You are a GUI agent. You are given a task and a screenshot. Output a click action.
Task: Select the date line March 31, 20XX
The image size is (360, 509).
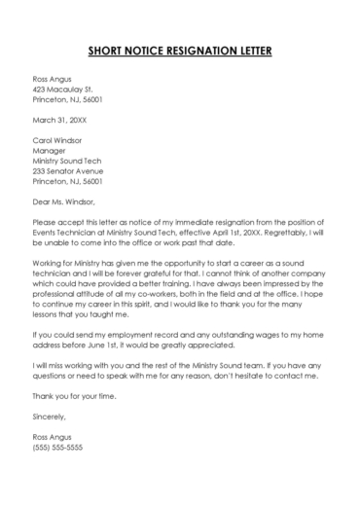pyautogui.click(x=59, y=121)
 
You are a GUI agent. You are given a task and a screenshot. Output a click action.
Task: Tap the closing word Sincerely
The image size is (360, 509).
pyautogui.click(x=53, y=417)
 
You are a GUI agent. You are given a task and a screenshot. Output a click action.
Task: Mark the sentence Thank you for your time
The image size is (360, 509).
pyautogui.click(x=76, y=395)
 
